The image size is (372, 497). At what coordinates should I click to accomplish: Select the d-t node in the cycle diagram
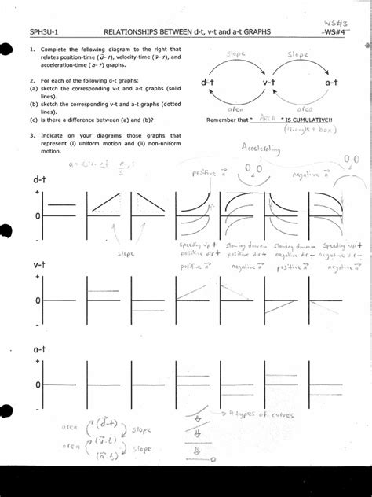click(207, 82)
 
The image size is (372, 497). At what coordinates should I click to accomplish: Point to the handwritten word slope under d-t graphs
click(126, 253)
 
